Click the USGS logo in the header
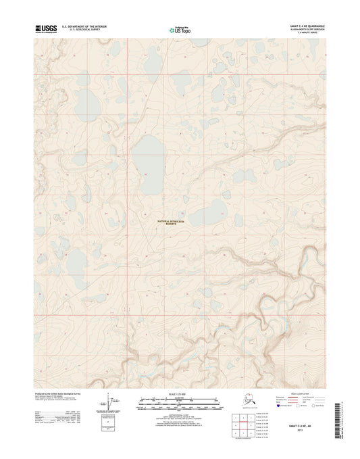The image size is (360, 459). [46, 28]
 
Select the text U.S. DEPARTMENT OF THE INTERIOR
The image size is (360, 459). [84, 26]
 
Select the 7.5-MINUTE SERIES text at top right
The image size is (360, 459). [313, 33]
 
